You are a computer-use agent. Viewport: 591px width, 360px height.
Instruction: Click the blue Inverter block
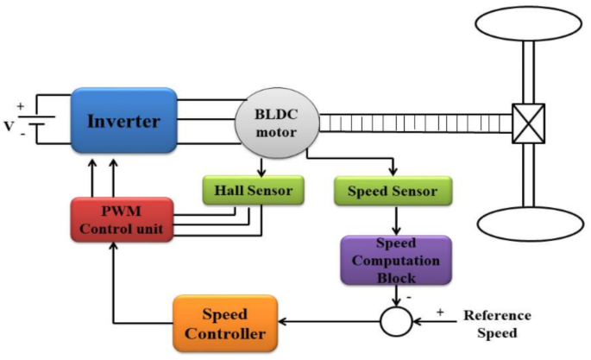[x=123, y=121]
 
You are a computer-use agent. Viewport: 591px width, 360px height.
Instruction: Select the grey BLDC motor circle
[x=274, y=123]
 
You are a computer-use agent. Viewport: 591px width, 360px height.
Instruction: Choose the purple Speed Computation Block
[x=395, y=261]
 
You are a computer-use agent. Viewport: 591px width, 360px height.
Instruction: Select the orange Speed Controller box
[x=224, y=322]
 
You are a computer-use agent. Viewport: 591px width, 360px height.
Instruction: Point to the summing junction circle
[x=397, y=322]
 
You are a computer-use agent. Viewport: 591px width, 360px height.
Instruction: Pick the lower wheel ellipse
[x=526, y=223]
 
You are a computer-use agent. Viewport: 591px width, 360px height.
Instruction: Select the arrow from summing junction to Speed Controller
[x=328, y=322]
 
